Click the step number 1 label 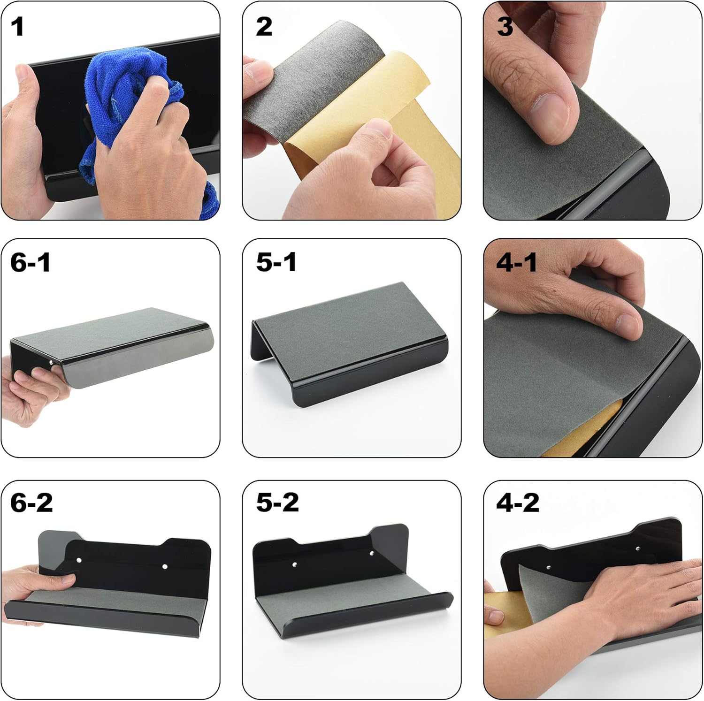pos(18,27)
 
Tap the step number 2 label pos(264,27)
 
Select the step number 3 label pos(505,27)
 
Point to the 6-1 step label pos(30,262)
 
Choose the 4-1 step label pos(517,262)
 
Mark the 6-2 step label pos(31,503)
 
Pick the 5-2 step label pos(277,503)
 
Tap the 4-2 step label pos(518,503)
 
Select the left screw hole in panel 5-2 pos(295,564)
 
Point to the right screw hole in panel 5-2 pos(372,554)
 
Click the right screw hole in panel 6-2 pos(165,567)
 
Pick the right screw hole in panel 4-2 pos(638,548)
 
